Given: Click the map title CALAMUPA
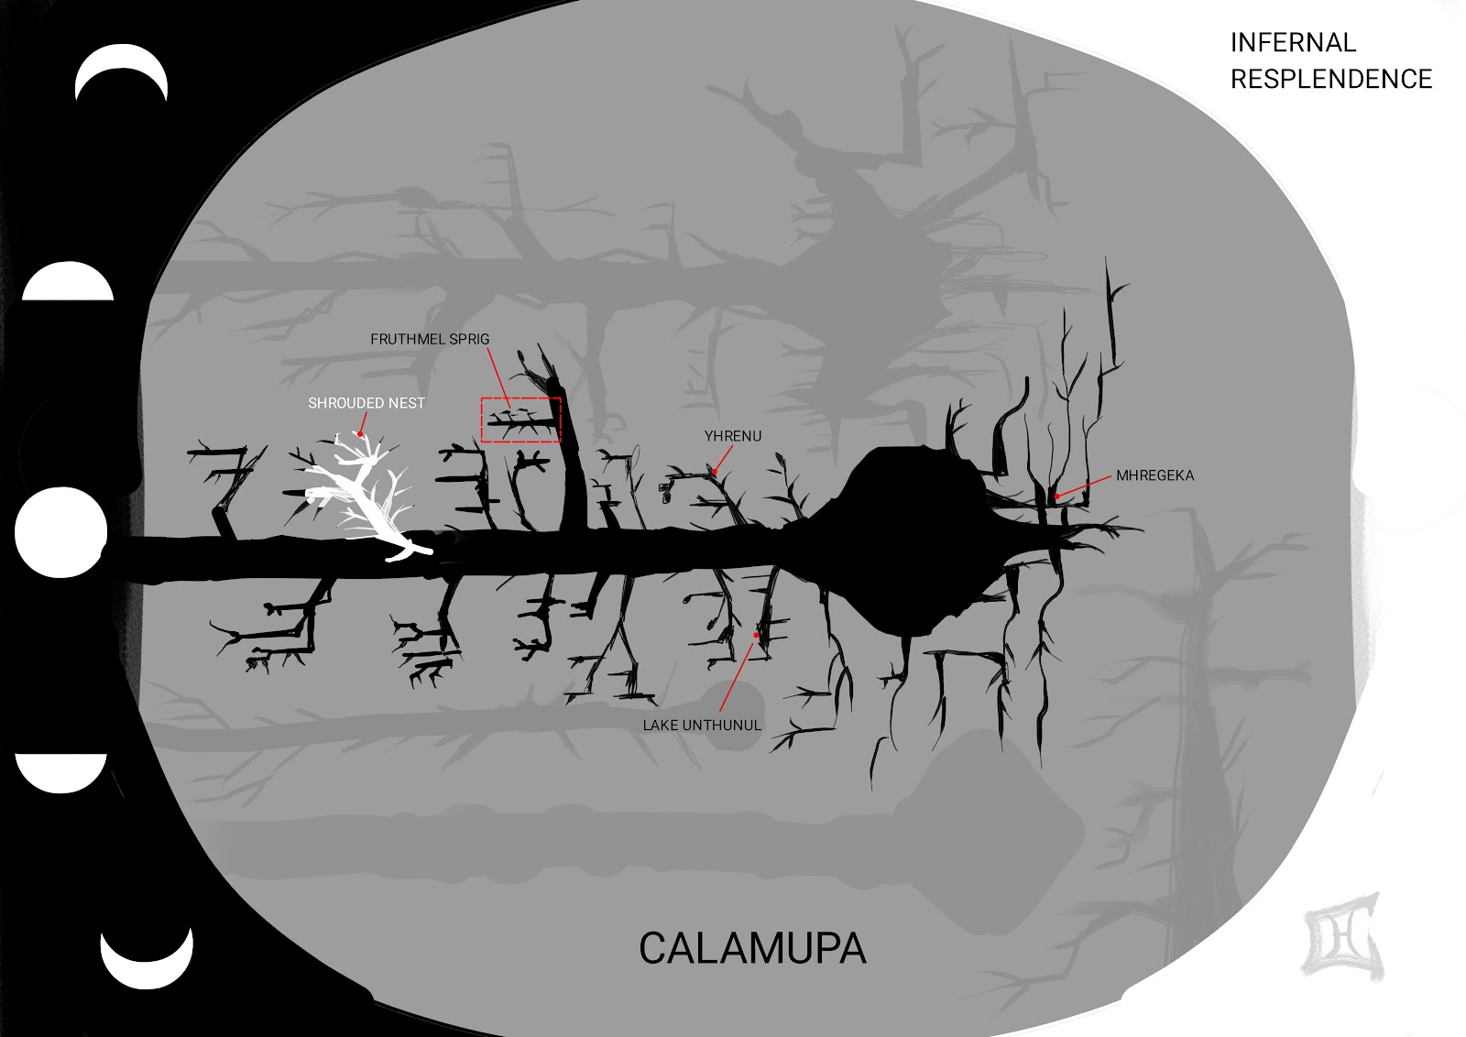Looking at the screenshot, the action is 752,949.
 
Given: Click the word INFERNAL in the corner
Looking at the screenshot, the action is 1292,43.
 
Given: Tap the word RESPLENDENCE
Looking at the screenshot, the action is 1330,80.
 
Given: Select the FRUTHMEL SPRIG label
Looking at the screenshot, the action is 430,339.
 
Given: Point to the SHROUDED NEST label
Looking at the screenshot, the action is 366,403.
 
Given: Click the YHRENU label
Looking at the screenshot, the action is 732,436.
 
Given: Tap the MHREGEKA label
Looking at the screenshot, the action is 1154,475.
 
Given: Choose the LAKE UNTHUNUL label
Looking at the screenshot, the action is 702,726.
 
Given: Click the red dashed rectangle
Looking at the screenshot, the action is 521,420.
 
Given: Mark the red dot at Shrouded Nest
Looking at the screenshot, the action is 360,434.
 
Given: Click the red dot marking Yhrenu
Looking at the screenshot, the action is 714,473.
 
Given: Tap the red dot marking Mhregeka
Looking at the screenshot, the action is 1057,497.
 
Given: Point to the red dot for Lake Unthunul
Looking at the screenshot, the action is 756,635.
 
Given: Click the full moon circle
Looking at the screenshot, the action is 60,532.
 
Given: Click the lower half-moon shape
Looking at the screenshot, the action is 62,772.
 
